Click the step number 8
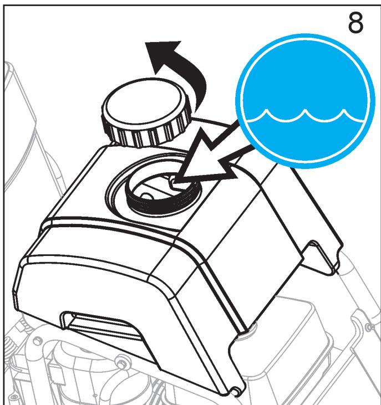coord(355,23)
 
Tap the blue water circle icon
coord(305,101)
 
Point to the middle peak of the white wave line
coord(305,111)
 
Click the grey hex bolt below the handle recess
coord(121,361)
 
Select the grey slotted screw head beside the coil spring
coord(38,340)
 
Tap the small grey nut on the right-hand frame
coord(370,327)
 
